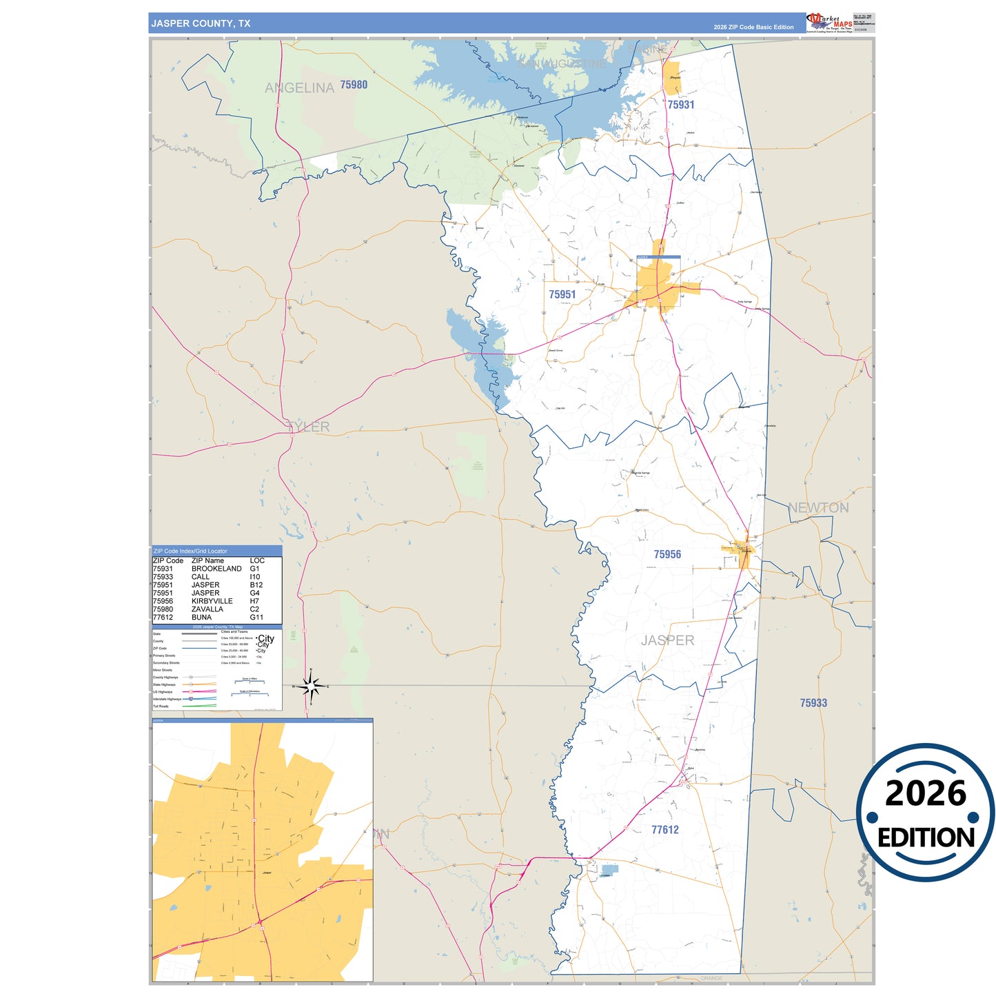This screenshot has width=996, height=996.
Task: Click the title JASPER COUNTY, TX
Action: pyautogui.click(x=201, y=23)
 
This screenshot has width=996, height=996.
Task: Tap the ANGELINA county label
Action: pyautogui.click(x=299, y=88)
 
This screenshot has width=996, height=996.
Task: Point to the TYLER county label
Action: pyautogui.click(x=309, y=427)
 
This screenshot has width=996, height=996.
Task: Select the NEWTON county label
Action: pyautogui.click(x=818, y=508)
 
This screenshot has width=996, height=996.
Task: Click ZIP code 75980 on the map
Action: pyautogui.click(x=354, y=85)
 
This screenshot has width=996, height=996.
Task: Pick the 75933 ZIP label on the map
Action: pyautogui.click(x=813, y=703)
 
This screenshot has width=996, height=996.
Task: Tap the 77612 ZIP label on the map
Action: pyautogui.click(x=665, y=830)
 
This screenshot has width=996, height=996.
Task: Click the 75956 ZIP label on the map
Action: pyautogui.click(x=667, y=554)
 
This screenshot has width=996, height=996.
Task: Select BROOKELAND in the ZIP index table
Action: pyautogui.click(x=216, y=569)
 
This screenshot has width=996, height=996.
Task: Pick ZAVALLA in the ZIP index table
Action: pyautogui.click(x=207, y=609)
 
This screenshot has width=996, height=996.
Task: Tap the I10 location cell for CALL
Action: pyautogui.click(x=255, y=577)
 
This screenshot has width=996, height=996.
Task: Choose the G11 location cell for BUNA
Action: pyautogui.click(x=256, y=618)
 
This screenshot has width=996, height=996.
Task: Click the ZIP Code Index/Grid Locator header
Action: pyautogui.click(x=190, y=551)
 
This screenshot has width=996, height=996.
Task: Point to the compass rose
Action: pyautogui.click(x=311, y=686)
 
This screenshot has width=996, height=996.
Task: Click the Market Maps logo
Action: pyautogui.click(x=829, y=22)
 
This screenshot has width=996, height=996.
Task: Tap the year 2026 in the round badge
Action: pyautogui.click(x=926, y=793)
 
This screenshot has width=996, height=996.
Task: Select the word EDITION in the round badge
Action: pyautogui.click(x=926, y=837)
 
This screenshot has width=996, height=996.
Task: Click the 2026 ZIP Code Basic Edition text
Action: pyautogui.click(x=753, y=28)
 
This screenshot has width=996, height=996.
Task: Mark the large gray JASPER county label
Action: pyautogui.click(x=667, y=640)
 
